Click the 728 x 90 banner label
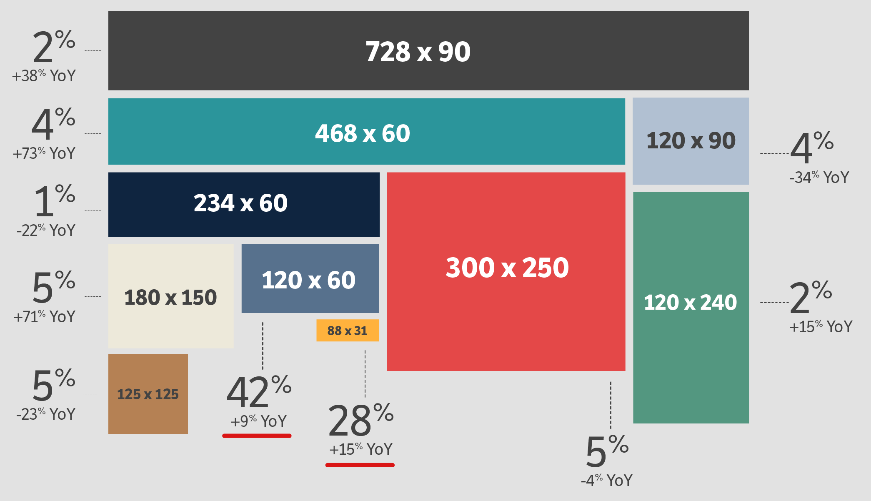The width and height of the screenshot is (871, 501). [x=418, y=52]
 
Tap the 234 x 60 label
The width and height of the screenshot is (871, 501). [x=240, y=203]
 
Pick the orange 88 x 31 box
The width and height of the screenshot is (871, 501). [x=348, y=331]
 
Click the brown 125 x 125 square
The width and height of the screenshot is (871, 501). [x=148, y=394]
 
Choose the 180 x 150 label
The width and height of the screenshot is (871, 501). [x=170, y=298]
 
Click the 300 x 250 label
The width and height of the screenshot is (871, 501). [x=507, y=268]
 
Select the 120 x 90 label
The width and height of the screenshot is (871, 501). [x=691, y=141]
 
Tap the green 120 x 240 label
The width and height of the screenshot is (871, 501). [x=691, y=302]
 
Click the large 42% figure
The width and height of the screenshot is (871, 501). [x=258, y=392]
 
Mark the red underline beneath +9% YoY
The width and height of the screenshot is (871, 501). [x=257, y=436]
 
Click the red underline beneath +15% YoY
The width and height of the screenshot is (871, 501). [x=360, y=465]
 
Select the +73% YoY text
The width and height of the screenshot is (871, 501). [x=44, y=153]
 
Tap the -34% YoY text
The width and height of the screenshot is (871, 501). [x=818, y=178]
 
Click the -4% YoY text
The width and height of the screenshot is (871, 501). [x=606, y=481]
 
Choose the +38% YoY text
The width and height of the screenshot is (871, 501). [x=44, y=76]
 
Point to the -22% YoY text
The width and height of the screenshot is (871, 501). [x=46, y=230]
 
